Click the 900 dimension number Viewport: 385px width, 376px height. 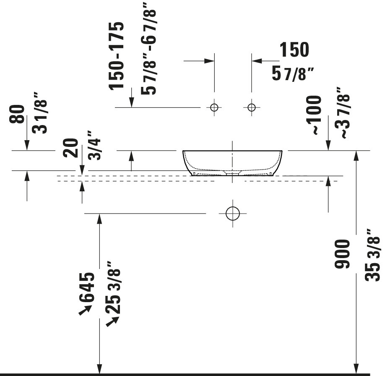[342, 254]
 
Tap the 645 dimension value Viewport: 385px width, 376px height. [87, 287]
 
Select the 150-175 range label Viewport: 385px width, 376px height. [116, 56]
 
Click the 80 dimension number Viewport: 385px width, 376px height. [17, 114]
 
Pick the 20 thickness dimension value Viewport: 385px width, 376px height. [70, 148]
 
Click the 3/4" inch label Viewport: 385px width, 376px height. [94, 146]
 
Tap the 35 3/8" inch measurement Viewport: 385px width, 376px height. [372, 255]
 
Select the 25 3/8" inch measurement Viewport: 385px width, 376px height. [113, 287]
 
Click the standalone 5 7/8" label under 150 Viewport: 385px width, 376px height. [292, 73]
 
